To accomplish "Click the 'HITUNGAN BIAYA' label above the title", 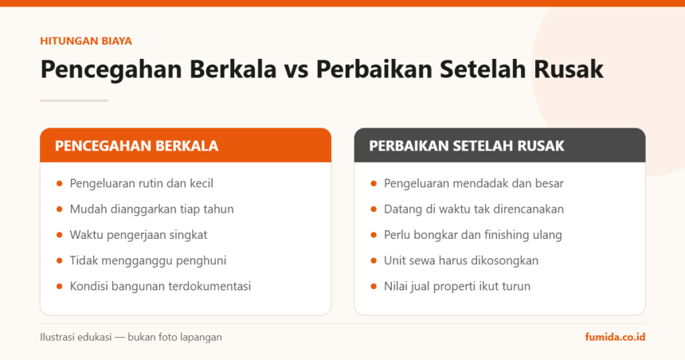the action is click(x=86, y=41).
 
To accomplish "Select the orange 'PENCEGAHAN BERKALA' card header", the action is click(x=186, y=145).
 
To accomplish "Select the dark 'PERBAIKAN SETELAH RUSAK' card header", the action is click(x=499, y=145).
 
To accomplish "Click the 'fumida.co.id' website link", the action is click(x=615, y=337).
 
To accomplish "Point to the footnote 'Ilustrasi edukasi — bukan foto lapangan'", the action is click(x=131, y=337).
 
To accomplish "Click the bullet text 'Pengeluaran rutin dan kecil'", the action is click(x=142, y=183).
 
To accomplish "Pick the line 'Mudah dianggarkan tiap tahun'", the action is click(x=151, y=209).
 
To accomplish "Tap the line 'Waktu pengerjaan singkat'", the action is click(x=139, y=235).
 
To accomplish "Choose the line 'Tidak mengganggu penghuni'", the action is click(x=148, y=260).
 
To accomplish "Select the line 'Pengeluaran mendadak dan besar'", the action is click(x=474, y=183).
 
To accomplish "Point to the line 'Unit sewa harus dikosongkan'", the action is click(x=461, y=260).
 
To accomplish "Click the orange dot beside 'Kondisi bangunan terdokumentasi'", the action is click(x=60, y=287).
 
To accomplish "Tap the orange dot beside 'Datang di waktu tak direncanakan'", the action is click(x=374, y=209).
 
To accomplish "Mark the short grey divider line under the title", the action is click(x=74, y=100).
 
